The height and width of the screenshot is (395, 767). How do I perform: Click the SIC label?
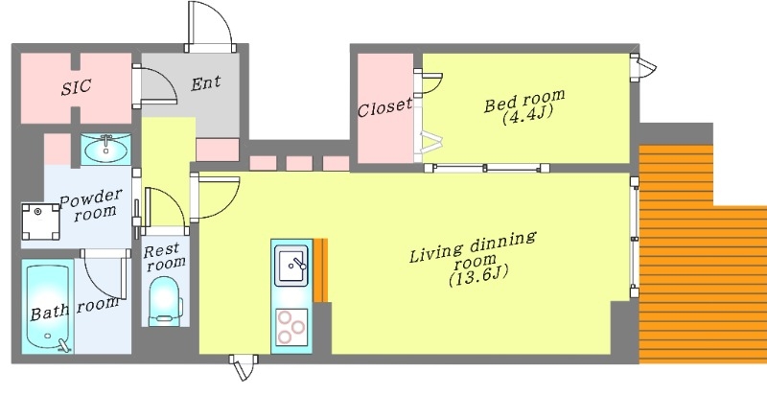76,86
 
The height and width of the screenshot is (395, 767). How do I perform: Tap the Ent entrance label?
205,83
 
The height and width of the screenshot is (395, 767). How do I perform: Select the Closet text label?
385,108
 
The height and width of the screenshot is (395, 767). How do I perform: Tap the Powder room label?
90,204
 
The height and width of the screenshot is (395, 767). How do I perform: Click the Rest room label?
164,256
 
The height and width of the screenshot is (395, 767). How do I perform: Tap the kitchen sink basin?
291,265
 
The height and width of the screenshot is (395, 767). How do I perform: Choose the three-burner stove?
291,327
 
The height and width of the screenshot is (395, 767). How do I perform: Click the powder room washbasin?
105,149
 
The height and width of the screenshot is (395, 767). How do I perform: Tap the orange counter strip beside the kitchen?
322,270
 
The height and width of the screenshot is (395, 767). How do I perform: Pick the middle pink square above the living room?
299,163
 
